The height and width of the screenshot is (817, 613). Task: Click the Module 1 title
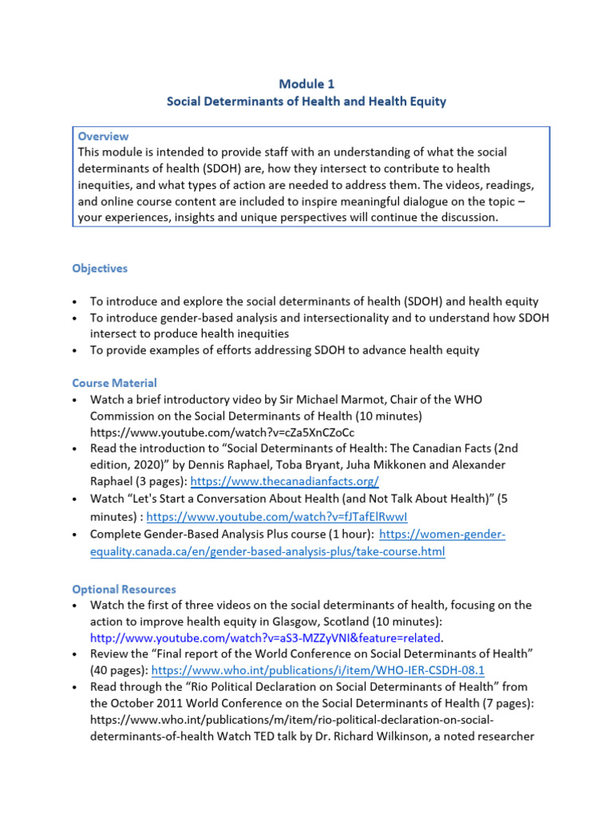point(306,84)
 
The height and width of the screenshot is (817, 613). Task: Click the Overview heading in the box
point(103,136)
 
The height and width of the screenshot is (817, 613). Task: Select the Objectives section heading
point(100,269)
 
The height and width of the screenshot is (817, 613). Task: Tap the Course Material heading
point(114,383)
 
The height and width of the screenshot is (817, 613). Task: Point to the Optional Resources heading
point(124,590)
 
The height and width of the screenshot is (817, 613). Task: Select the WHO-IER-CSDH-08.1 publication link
point(330,671)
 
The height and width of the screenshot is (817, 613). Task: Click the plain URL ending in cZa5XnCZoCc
point(223,432)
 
